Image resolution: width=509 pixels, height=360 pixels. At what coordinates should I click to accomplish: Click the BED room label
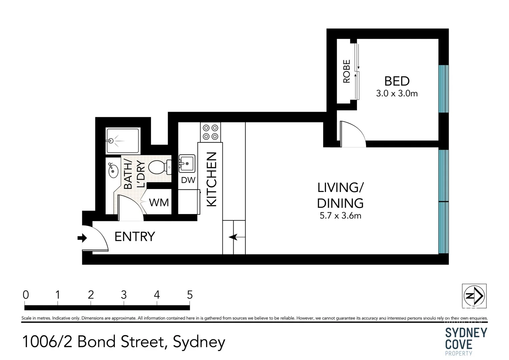(x=397, y=81)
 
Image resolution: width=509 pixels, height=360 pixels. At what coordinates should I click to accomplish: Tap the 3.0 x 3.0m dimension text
(x=397, y=94)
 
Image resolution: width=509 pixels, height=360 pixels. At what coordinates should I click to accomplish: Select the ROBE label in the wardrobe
(x=347, y=71)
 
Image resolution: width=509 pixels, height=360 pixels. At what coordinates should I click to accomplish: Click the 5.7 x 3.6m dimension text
(x=340, y=216)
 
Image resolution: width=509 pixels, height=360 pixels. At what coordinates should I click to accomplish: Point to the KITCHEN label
(x=212, y=179)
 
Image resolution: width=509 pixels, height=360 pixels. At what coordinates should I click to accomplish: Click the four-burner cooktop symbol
(x=210, y=132)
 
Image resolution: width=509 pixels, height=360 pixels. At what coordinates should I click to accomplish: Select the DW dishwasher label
(x=188, y=180)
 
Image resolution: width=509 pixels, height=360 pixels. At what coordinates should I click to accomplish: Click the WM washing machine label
(x=159, y=202)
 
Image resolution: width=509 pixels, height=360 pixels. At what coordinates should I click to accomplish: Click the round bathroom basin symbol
(x=113, y=171)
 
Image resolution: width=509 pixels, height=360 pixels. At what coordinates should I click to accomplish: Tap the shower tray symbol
(x=122, y=141)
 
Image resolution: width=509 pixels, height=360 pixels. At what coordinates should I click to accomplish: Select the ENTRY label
(x=135, y=237)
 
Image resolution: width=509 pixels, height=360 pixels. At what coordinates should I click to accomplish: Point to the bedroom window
(x=443, y=89)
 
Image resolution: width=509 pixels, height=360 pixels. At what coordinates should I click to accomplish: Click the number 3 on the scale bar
(x=124, y=295)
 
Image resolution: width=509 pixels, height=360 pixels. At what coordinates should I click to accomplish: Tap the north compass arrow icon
(x=474, y=296)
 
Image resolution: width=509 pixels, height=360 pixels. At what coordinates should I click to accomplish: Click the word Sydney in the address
(x=199, y=342)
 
